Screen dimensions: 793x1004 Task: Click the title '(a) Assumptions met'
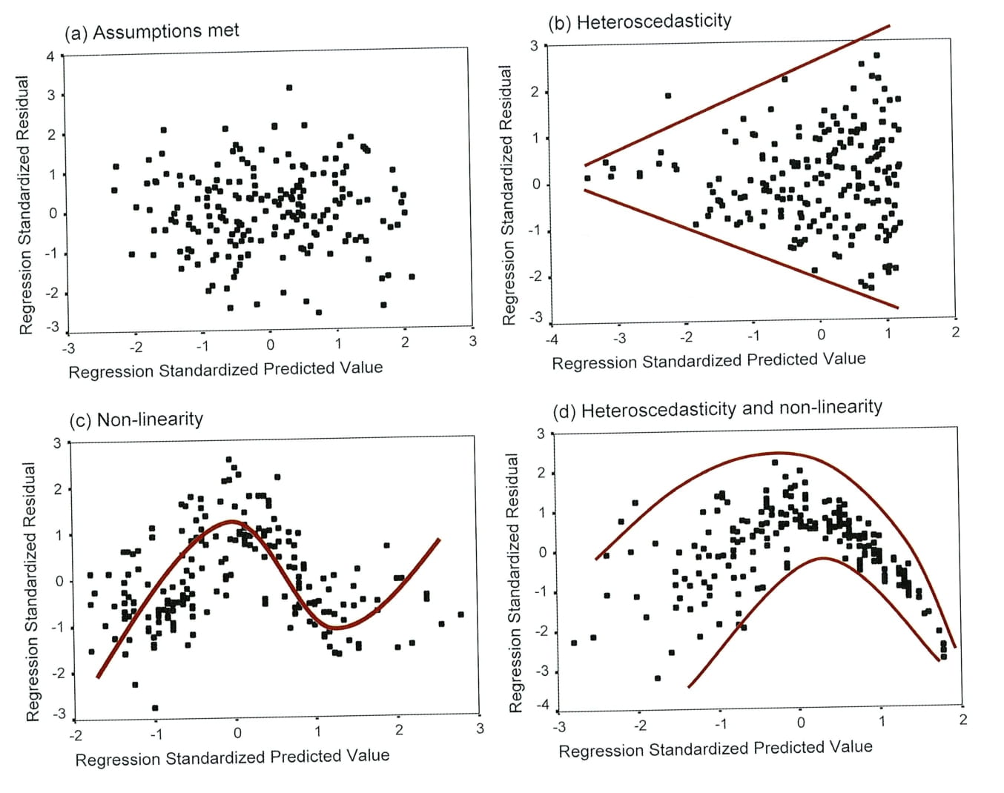click(151, 32)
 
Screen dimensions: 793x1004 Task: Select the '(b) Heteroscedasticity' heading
click(639, 21)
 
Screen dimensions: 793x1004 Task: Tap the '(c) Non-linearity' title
click(136, 419)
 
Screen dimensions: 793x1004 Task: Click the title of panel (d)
click(717, 409)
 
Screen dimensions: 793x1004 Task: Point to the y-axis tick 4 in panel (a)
click(50, 56)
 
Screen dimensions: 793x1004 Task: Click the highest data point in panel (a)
click(289, 87)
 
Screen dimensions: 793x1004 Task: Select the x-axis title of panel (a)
click(225, 369)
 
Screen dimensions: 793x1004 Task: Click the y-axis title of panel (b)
click(507, 195)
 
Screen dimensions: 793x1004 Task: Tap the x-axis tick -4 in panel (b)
click(552, 339)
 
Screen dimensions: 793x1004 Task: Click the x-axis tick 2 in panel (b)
click(955, 332)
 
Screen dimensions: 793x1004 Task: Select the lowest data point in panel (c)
click(155, 708)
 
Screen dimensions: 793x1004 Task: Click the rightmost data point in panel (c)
click(460, 614)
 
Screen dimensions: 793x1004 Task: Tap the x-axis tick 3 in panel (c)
click(480, 729)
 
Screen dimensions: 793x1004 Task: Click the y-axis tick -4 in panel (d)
click(542, 705)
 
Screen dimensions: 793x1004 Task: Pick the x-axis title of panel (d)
click(715, 749)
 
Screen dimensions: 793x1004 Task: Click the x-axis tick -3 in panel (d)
click(561, 726)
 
